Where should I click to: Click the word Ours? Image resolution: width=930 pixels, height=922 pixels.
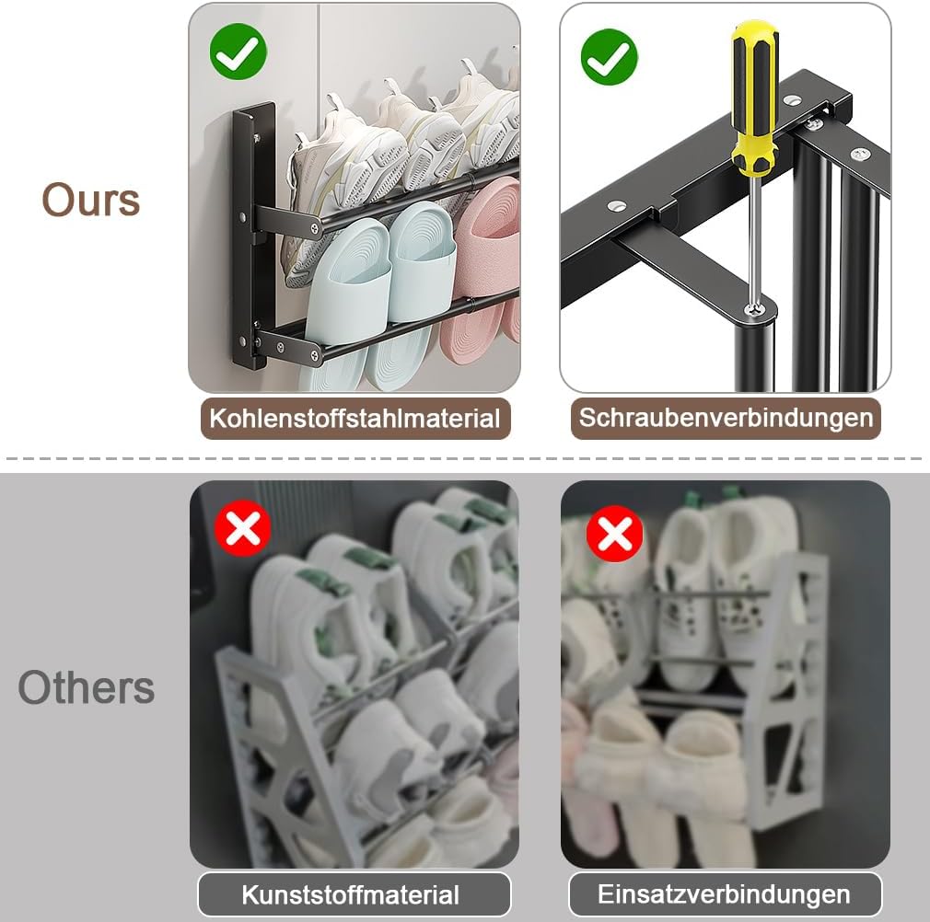[x=91, y=200]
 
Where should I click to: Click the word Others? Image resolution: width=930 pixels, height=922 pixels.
[x=86, y=687]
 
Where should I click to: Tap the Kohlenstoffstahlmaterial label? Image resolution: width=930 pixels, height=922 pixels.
[x=355, y=419]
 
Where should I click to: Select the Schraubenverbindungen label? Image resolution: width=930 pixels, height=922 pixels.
[x=726, y=418]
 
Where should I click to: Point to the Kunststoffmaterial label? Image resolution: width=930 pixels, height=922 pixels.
[x=355, y=894]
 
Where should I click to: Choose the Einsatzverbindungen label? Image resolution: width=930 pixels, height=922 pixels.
[x=726, y=894]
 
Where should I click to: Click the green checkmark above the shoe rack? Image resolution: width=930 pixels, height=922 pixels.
[x=238, y=52]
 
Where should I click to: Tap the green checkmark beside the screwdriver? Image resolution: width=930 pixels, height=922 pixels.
[x=610, y=57]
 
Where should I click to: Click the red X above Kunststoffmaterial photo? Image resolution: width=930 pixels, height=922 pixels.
[x=242, y=528]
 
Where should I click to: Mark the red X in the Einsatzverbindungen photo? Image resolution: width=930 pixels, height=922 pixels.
[x=614, y=534]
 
